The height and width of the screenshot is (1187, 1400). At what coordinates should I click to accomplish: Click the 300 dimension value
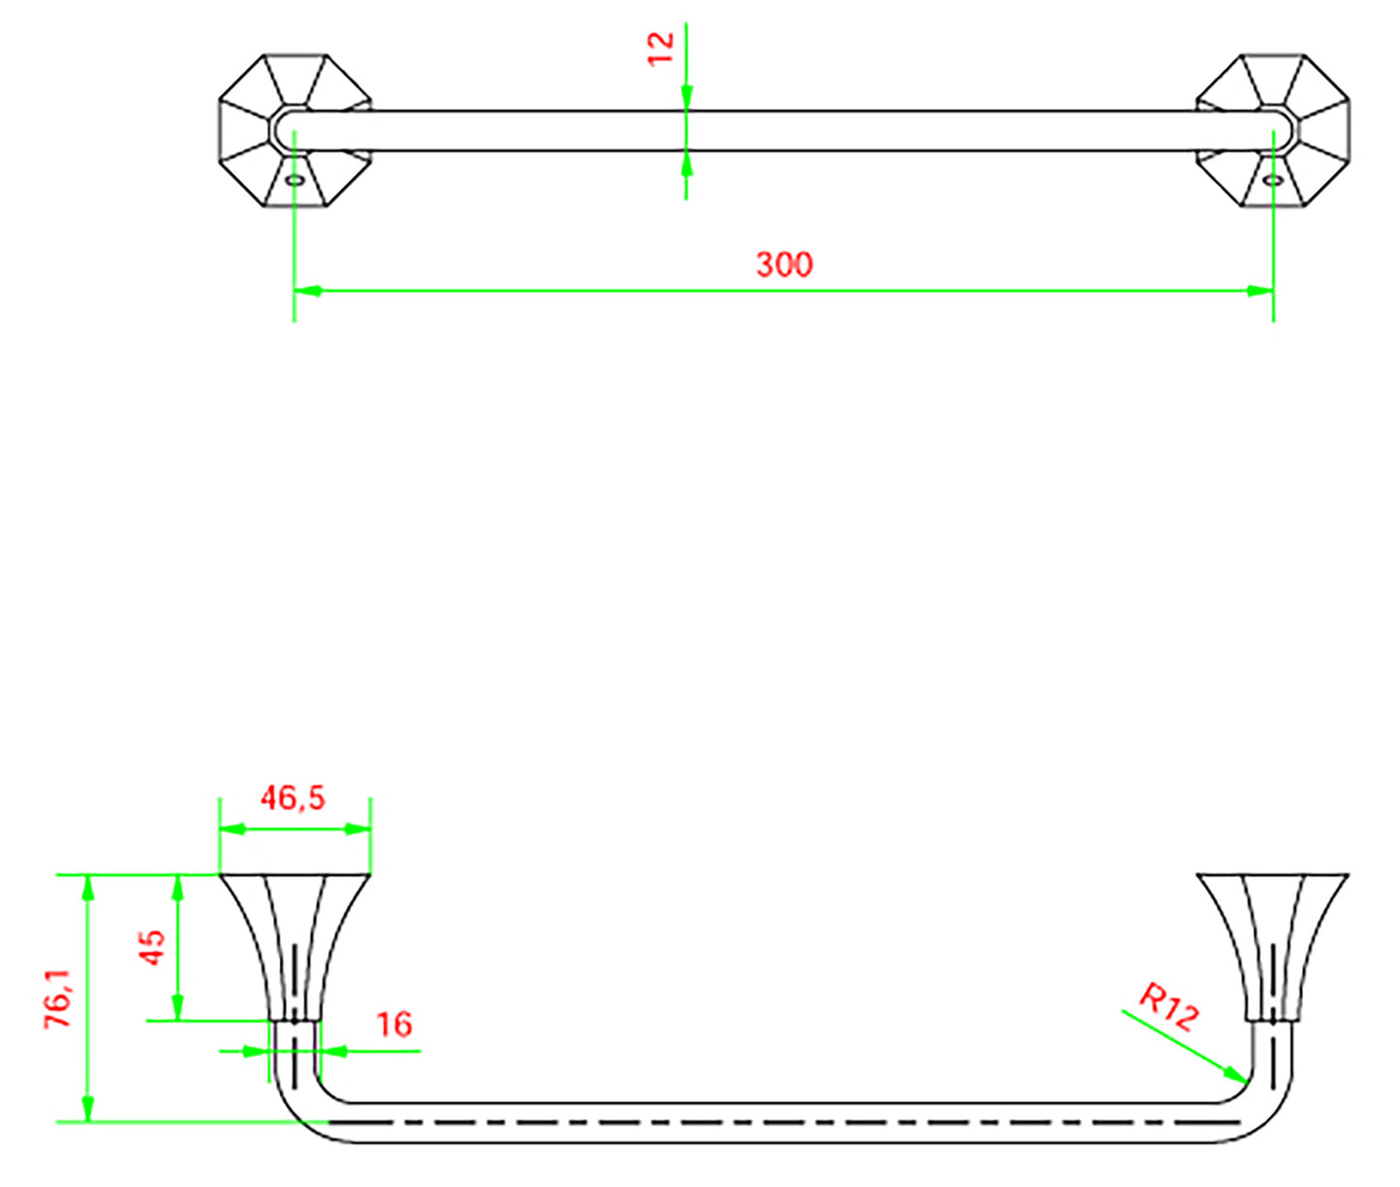point(784,264)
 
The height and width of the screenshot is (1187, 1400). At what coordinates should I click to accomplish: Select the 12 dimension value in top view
point(661,47)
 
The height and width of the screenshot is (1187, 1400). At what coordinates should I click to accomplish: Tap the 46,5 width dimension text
point(293,798)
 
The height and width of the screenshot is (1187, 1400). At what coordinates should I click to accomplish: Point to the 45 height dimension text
point(152,947)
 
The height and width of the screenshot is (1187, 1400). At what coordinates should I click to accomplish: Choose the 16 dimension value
point(393,1024)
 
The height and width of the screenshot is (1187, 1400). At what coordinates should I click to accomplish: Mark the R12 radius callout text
point(1168,1008)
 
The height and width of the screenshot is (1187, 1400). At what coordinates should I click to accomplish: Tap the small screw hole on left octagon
point(295,180)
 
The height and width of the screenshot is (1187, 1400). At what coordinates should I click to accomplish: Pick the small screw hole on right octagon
point(1272,180)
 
